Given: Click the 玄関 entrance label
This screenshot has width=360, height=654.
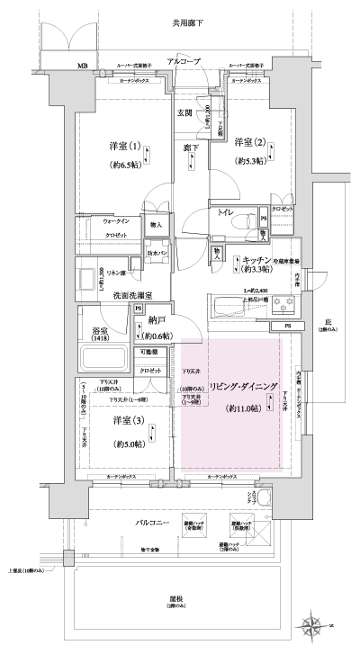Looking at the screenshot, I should coord(184,112).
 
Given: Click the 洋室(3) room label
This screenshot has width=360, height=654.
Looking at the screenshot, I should coord(125,420).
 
